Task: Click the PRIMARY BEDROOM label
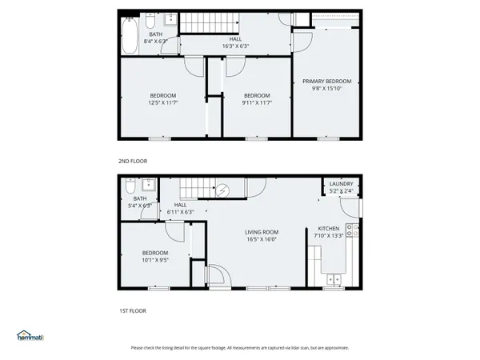coord(326,81)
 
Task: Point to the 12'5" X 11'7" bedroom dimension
coord(163,102)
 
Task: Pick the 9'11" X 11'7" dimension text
coord(257,102)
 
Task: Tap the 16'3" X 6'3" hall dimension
coord(235,46)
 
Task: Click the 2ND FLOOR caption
coord(133,161)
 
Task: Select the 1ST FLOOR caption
coord(133,310)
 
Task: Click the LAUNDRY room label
coord(341,184)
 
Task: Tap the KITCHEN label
coord(329,228)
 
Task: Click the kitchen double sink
coord(334,280)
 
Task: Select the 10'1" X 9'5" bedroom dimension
coord(155,259)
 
